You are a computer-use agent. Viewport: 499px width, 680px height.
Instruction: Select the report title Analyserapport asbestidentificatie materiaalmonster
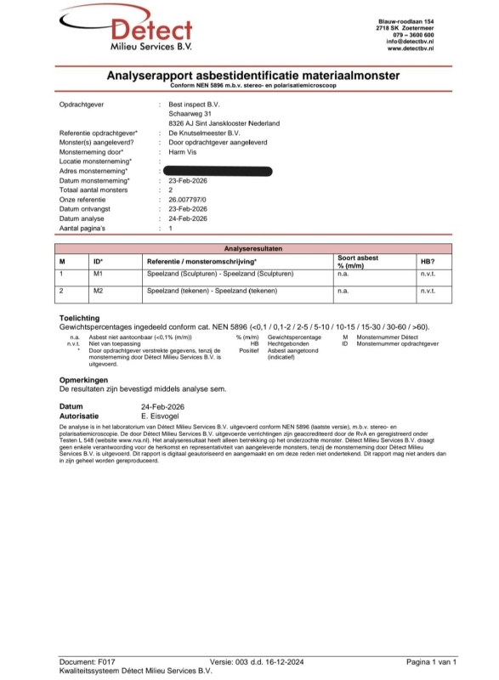coord(252,76)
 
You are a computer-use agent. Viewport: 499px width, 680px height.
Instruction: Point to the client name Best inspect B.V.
coord(194,104)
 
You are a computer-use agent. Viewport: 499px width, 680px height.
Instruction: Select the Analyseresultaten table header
coord(251,247)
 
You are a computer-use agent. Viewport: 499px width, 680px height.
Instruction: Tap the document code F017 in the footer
coord(108,660)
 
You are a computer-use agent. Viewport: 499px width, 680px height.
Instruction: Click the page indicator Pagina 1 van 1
coord(432,660)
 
